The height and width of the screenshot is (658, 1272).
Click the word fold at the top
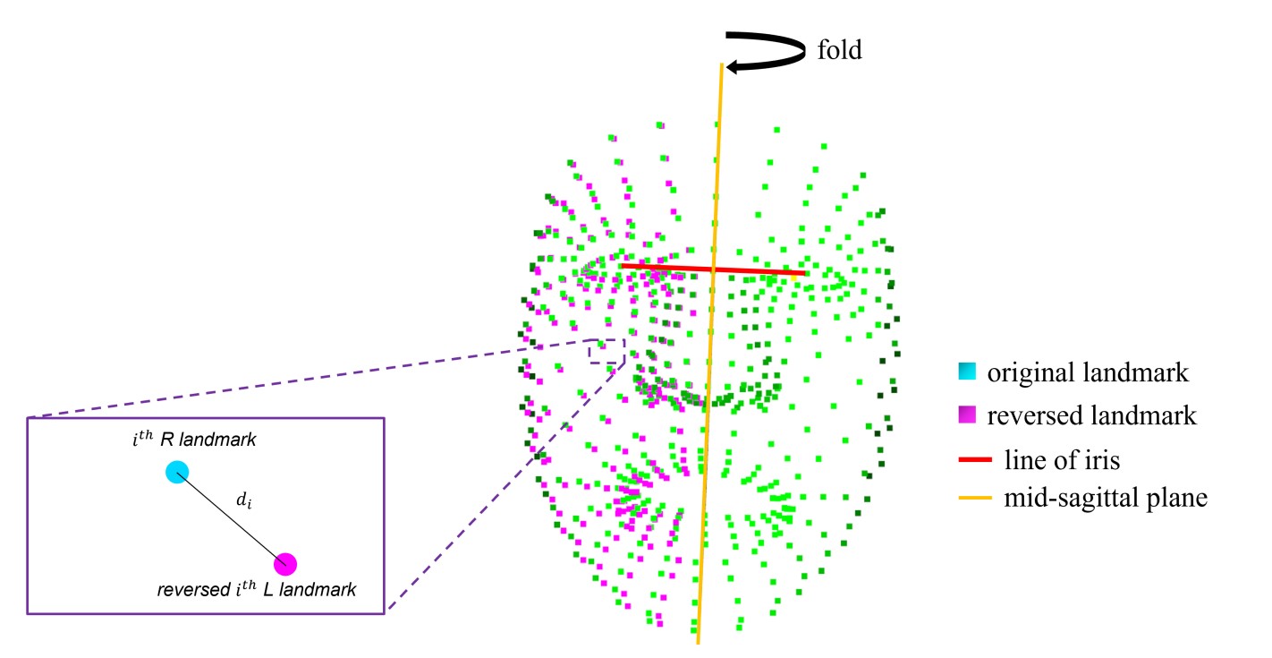click(839, 50)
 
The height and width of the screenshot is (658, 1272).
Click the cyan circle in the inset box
click(177, 472)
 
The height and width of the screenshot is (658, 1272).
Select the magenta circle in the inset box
click(285, 563)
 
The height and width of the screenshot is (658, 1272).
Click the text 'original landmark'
click(1088, 373)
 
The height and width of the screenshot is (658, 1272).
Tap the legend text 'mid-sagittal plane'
click(1098, 499)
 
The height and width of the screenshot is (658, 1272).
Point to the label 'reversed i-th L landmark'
click(256, 590)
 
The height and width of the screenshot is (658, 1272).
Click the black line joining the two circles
click(231, 517)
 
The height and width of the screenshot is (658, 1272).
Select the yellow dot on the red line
click(794, 278)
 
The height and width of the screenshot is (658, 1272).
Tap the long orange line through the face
click(708, 403)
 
